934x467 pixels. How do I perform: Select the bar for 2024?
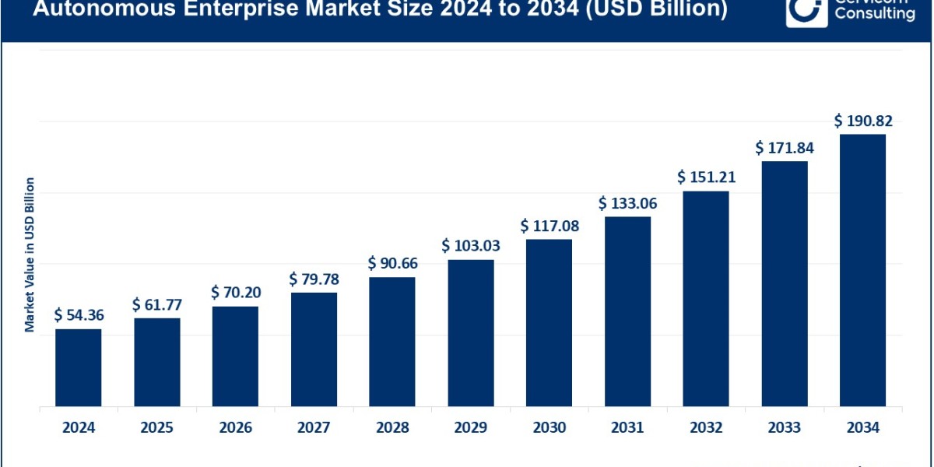click(78, 367)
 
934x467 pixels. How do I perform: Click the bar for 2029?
click(471, 332)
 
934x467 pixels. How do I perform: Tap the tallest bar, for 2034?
click(862, 270)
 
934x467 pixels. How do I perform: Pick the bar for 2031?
click(627, 311)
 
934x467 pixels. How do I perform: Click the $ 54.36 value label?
click(79, 315)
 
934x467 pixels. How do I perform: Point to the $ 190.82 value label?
click(863, 121)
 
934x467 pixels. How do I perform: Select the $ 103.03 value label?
click(471, 246)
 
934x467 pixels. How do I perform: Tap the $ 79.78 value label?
click(314, 279)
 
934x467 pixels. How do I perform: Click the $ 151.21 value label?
click(706, 177)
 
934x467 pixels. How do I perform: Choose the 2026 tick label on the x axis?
click(235, 427)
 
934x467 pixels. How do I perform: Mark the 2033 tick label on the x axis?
click(785, 427)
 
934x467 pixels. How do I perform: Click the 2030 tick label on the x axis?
click(549, 427)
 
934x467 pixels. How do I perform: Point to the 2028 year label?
click(392, 427)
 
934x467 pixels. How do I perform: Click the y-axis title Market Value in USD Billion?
click(30, 255)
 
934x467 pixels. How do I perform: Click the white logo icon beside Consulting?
click(806, 11)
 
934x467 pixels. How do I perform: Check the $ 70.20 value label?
click(235, 293)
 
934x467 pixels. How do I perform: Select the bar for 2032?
click(706, 298)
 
